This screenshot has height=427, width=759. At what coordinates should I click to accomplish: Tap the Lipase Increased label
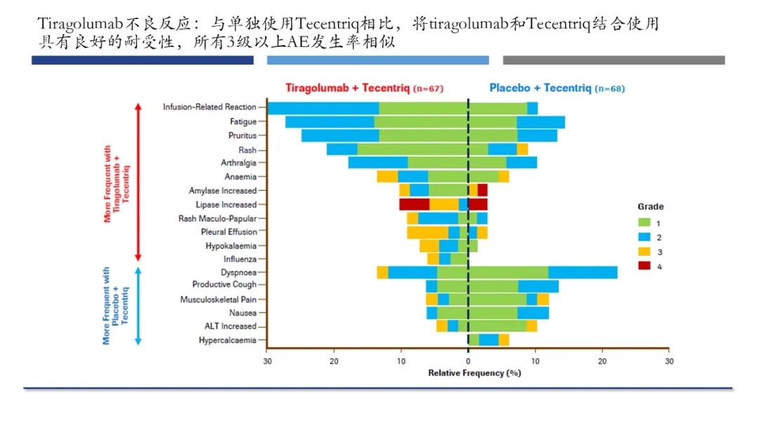[226, 204]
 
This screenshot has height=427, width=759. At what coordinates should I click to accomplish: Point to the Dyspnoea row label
[238, 272]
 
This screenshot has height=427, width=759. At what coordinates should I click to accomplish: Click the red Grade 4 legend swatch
[643, 266]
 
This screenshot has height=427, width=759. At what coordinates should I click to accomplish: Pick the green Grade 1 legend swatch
[643, 223]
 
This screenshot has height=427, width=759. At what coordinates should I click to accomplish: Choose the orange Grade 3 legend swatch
[643, 251]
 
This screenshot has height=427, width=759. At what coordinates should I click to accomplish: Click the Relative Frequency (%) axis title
[474, 373]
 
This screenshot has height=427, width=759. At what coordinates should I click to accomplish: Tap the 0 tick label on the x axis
[468, 361]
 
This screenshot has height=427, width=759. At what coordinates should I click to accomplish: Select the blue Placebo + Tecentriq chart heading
[540, 88]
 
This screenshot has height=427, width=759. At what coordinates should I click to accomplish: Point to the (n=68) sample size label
[609, 88]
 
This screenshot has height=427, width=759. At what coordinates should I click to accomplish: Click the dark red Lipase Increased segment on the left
[414, 204]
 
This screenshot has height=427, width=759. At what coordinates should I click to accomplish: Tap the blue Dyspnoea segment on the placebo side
[583, 272]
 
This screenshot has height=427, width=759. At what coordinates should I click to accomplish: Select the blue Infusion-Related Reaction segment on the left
[323, 108]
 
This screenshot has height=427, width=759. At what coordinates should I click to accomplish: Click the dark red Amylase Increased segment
[482, 190]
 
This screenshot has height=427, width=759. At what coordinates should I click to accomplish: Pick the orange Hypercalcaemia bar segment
[504, 340]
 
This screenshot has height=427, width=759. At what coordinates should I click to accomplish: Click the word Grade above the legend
[650, 206]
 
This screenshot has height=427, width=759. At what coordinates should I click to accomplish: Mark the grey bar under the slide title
[614, 60]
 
